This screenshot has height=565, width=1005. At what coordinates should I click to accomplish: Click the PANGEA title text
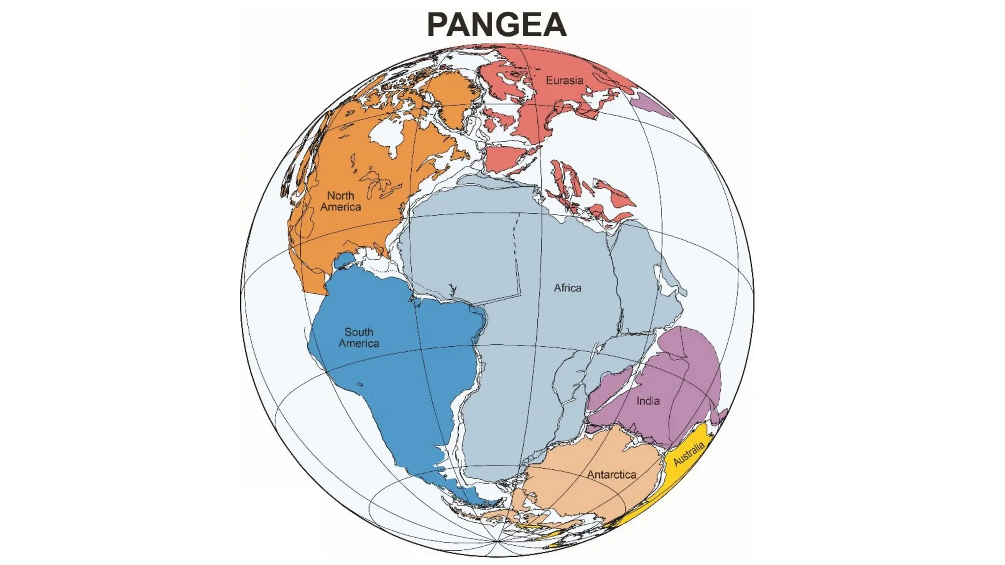tap(497, 25)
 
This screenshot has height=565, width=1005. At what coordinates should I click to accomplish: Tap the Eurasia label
tap(564, 80)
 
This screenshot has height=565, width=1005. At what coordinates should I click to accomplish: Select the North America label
tap(341, 201)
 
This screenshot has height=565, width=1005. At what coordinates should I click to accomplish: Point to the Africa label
tap(567, 288)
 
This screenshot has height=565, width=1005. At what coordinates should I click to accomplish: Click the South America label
tap(359, 338)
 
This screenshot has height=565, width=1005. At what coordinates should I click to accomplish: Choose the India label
tap(648, 401)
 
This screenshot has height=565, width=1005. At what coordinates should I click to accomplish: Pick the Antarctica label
tap(611, 475)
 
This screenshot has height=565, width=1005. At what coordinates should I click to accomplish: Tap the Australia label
tap(688, 454)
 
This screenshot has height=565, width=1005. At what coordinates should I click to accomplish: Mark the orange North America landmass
tap(344, 157)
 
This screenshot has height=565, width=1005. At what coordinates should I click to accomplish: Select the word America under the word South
tap(359, 344)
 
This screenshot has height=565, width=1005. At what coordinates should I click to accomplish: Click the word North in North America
tap(341, 195)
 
